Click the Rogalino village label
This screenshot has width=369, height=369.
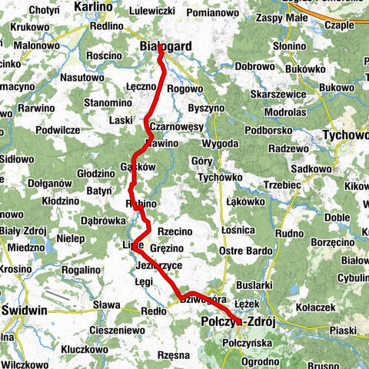pyautogui.click(x=81, y=270)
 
